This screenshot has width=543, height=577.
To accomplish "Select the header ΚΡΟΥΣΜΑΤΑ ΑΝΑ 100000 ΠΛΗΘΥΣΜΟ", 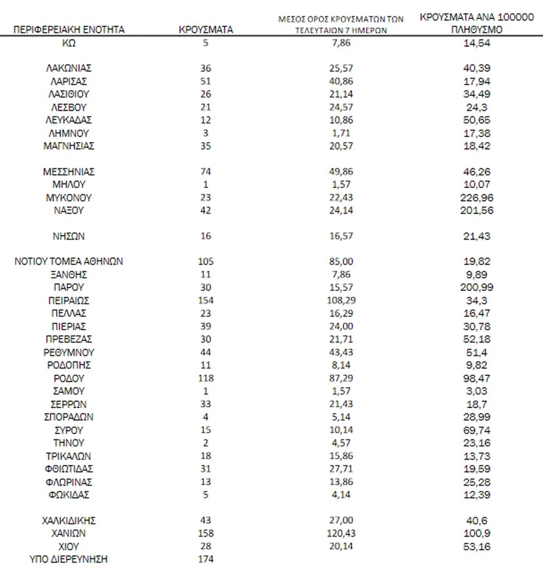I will [476, 24].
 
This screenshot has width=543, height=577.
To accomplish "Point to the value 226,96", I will [476, 197].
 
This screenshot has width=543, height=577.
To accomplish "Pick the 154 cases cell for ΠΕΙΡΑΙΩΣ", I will [205, 300].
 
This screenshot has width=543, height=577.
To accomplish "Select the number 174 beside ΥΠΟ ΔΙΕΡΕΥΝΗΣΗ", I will [205, 559].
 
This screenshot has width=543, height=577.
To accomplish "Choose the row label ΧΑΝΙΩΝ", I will [69, 533].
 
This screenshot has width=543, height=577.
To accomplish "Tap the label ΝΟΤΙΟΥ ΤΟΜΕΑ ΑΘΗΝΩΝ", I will [69, 261].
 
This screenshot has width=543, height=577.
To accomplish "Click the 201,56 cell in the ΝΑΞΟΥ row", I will [476, 210].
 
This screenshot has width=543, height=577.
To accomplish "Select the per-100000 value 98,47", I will [476, 378].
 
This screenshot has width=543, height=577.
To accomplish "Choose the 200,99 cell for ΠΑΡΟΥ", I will [476, 288].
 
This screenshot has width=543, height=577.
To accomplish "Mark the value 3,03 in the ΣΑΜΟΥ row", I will [476, 391].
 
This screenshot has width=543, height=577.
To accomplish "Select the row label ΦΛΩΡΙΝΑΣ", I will [69, 481].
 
